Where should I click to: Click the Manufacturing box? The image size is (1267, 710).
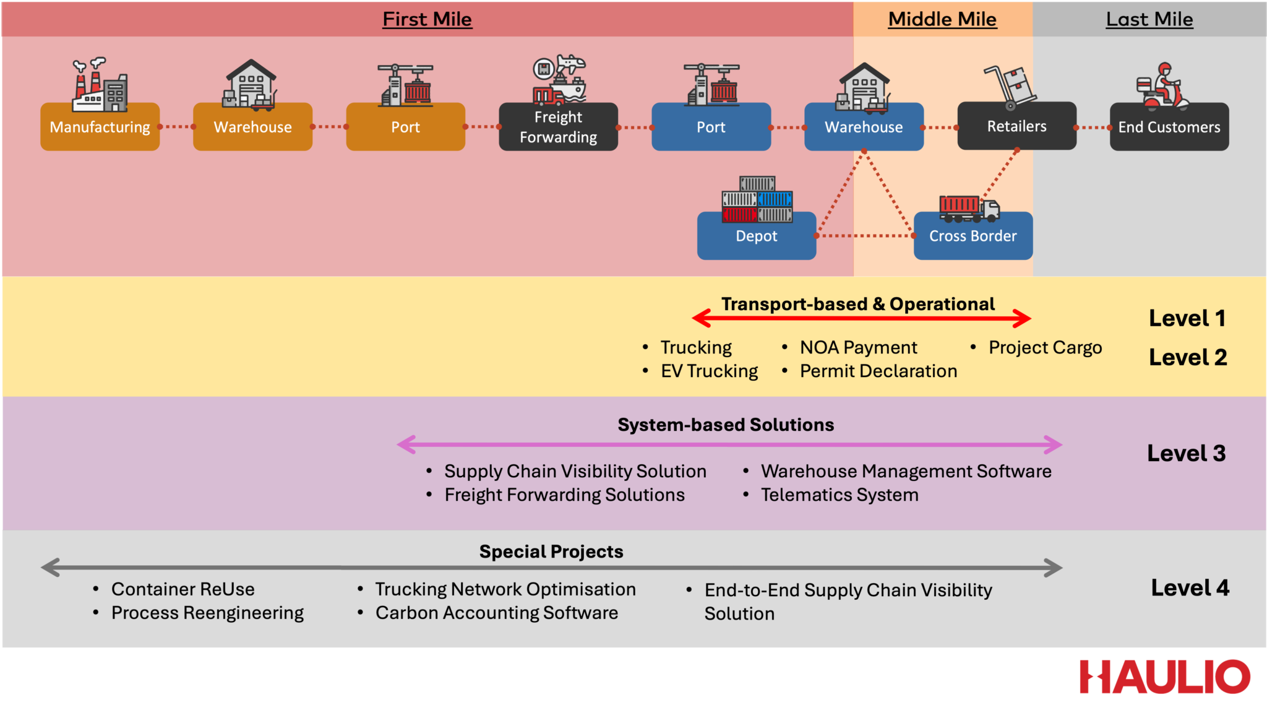click(x=100, y=127)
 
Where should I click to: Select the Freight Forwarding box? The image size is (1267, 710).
click(x=558, y=127)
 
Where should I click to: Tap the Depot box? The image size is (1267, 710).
click(x=756, y=236)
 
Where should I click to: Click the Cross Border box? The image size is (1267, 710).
click(x=973, y=236)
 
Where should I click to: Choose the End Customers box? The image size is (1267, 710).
click(x=1169, y=127)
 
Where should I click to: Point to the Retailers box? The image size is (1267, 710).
click(x=1016, y=126)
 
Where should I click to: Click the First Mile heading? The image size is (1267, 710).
click(x=427, y=19)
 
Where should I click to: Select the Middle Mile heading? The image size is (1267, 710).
click(x=942, y=19)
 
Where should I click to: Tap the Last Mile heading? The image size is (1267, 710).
click(x=1149, y=19)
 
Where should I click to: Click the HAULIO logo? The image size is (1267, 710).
click(x=1164, y=677)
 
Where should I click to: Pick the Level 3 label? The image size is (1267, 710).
click(x=1186, y=453)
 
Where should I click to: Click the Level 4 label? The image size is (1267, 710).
click(x=1190, y=587)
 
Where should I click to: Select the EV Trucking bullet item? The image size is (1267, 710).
click(x=709, y=371)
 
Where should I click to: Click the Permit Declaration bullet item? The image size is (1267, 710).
click(x=878, y=371)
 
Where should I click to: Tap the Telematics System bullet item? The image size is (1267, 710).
click(x=839, y=495)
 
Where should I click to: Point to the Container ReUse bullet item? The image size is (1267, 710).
click(x=183, y=589)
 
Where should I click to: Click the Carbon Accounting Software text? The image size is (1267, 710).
click(x=496, y=613)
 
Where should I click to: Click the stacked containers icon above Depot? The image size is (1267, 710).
click(x=757, y=199)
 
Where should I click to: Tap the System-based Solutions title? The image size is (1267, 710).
click(x=726, y=425)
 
